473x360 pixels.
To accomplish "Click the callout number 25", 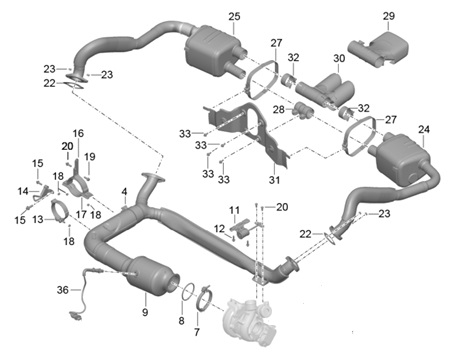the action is (234, 16).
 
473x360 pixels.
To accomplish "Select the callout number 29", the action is (389, 16).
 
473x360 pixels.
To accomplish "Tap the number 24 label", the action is (424, 129).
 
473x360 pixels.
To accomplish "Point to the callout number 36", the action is (63, 290).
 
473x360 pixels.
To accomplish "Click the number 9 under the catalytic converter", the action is (145, 312).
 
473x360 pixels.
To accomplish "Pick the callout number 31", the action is (274, 180).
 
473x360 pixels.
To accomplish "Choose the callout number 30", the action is (339, 58).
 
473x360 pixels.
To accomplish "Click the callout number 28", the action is (279, 109).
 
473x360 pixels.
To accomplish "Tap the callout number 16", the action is (78, 134).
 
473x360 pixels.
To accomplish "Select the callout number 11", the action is (234, 210).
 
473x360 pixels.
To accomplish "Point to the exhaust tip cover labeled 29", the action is (379, 49).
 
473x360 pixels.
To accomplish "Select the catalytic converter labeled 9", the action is (152, 275).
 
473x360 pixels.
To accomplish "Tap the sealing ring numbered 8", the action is (189, 290).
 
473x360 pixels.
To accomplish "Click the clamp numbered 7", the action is (204, 298).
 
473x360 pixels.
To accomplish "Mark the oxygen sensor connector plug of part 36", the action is (75, 317).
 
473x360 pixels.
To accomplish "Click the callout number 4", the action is (124, 192).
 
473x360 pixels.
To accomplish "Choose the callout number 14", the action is (23, 191).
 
